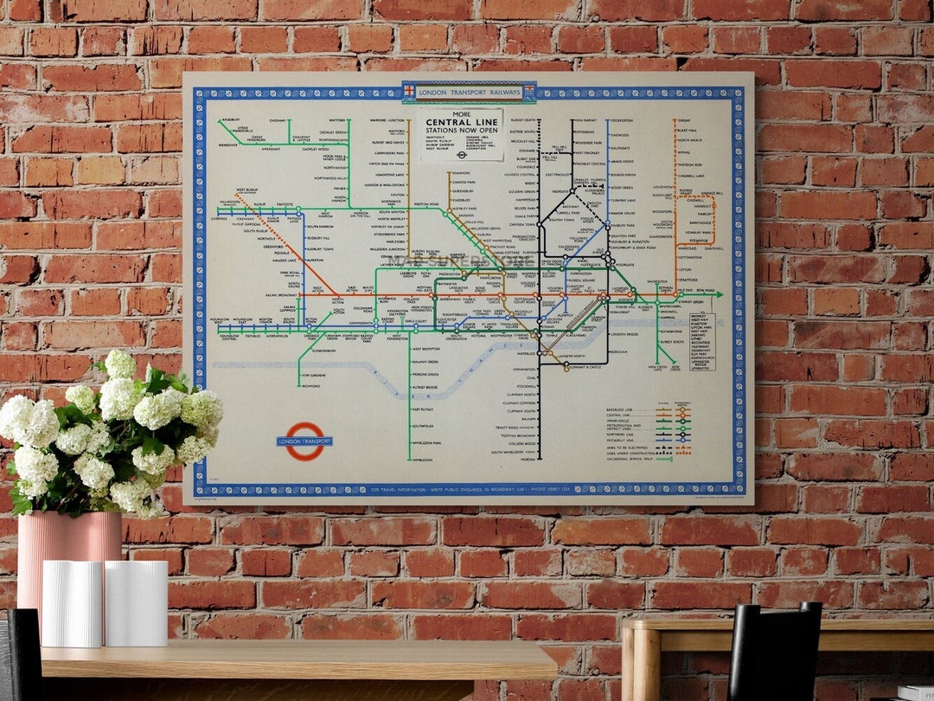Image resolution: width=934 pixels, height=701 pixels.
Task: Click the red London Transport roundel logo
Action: pyautogui.click(x=304, y=441)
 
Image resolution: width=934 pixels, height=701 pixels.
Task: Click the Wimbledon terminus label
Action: pyautogui.click(x=422, y=460)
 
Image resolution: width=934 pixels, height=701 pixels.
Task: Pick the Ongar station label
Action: pyautogui.click(x=684, y=120)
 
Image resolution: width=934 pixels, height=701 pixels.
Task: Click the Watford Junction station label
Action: pyautogui.click(x=389, y=119)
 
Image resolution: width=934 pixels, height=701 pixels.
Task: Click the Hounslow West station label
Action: pyautogui.click(x=222, y=319)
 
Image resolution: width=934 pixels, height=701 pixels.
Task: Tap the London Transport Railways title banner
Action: pyautogui.click(x=469, y=92)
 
